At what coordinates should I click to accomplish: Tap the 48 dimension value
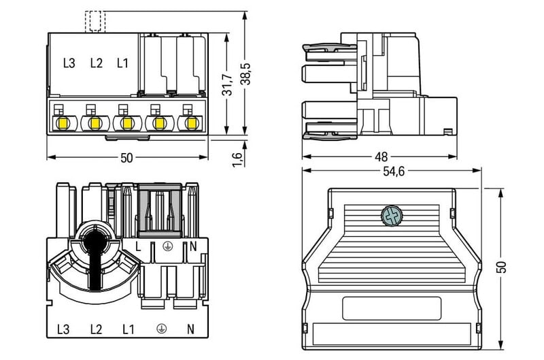(381, 156)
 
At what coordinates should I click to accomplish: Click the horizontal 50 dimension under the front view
(126, 158)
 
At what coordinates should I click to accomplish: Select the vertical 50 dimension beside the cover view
(504, 265)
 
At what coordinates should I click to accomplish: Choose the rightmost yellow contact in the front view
(190, 123)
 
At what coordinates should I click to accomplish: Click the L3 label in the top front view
(69, 63)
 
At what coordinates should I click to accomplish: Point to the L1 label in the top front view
(122, 63)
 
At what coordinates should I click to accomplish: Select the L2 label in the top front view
(96, 63)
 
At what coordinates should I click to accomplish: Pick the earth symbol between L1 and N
(162, 329)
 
